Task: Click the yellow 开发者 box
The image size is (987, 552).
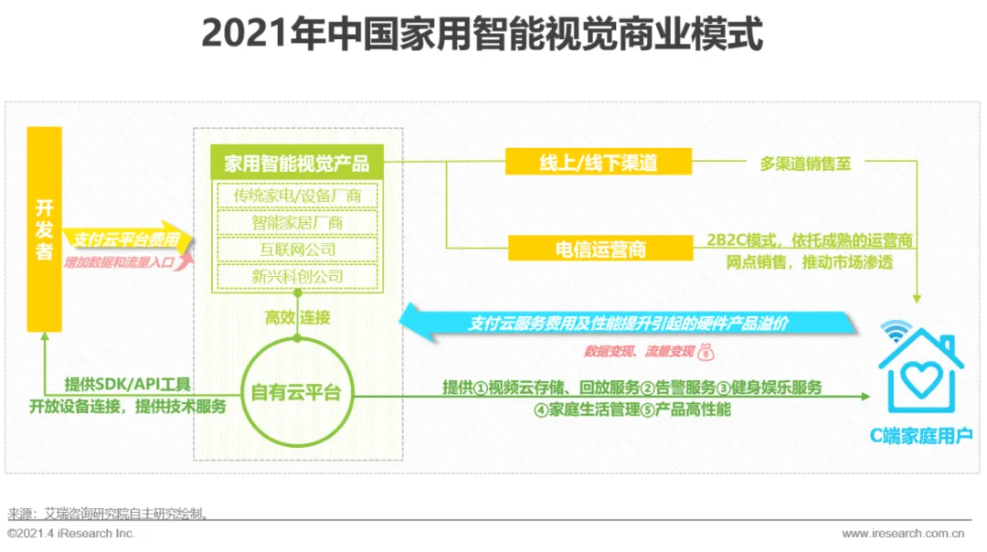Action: (44, 228)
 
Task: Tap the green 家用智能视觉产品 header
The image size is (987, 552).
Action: (297, 164)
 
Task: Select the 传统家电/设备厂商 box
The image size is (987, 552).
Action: (297, 196)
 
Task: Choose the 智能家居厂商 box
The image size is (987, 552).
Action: (297, 222)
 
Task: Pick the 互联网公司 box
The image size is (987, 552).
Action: (297, 249)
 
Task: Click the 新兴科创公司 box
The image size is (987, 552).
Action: (297, 276)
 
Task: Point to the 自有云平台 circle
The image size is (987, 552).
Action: (296, 393)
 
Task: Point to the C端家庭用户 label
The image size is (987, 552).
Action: (920, 436)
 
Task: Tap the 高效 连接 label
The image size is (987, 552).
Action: (297, 318)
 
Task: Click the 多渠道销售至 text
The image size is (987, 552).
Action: (806, 165)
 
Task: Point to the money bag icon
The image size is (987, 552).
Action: (708, 351)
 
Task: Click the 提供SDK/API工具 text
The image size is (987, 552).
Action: (128, 385)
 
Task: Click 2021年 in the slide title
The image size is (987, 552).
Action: (244, 36)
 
